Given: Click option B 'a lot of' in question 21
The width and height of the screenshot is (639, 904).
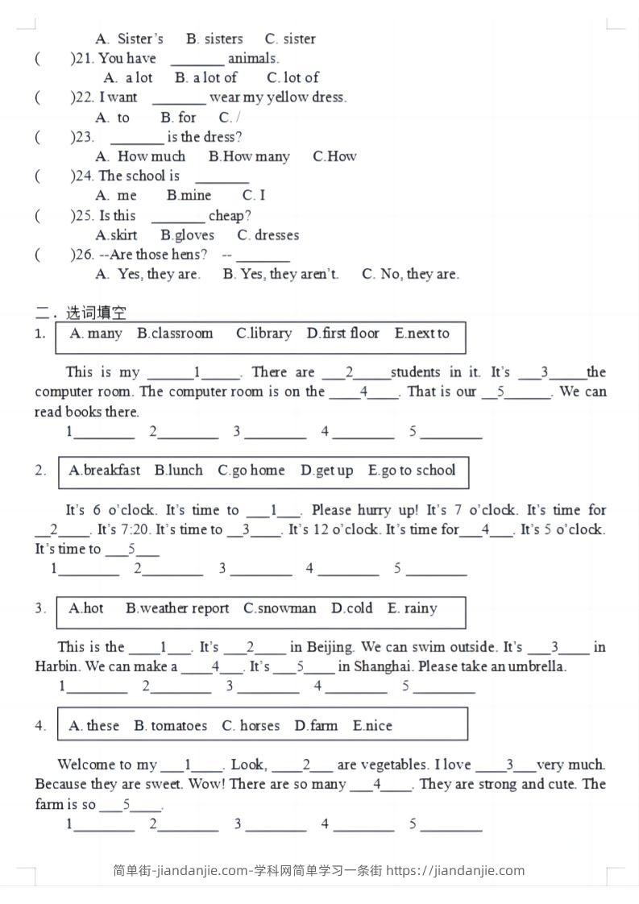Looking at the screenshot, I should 206,77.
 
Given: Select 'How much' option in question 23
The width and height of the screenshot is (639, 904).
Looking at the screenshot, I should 141,156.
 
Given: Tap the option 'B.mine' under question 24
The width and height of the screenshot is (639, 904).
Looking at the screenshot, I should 189,195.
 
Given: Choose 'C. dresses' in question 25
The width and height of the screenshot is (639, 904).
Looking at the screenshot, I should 268,235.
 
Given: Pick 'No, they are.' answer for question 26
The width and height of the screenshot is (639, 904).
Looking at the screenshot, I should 411,274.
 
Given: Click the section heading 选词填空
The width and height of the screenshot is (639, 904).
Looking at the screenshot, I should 96,313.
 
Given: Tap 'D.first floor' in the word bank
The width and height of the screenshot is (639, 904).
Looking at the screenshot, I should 342,334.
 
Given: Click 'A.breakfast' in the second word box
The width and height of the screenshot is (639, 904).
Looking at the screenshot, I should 105,471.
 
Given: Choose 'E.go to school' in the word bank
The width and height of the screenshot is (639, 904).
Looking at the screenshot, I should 412,471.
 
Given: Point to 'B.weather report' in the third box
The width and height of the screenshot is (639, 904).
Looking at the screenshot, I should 177,608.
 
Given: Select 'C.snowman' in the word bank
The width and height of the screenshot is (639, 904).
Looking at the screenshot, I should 280,608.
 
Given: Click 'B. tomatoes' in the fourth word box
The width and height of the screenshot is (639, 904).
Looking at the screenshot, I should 170,726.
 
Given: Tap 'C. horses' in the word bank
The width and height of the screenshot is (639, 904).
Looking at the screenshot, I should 251,726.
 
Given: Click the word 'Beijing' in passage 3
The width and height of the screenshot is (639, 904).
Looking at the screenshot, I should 330,647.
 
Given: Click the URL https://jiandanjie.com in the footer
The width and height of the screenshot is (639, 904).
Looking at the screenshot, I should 455,870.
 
